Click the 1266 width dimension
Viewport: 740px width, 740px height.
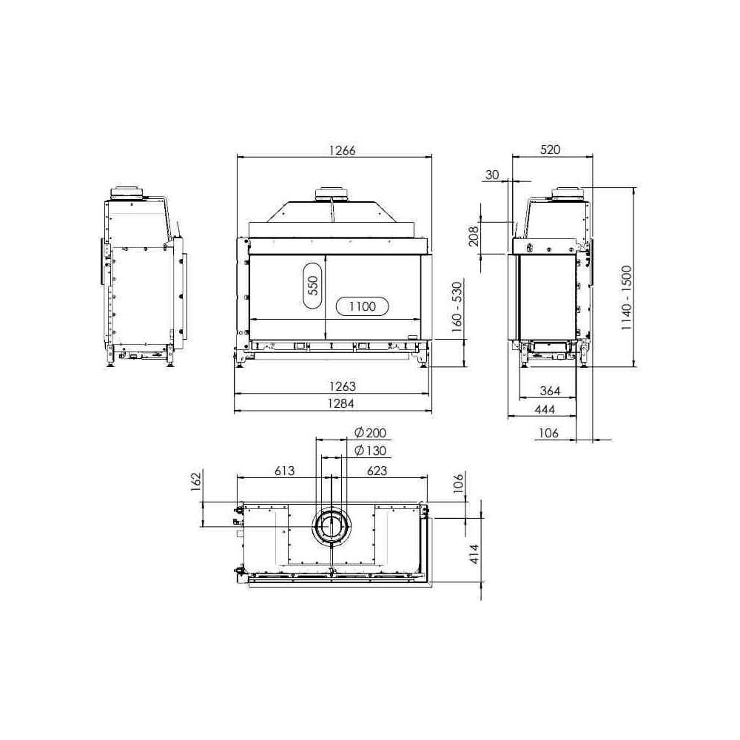click(x=342, y=150)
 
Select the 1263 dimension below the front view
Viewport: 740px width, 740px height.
click(x=342, y=386)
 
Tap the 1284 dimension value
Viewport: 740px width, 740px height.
click(x=341, y=403)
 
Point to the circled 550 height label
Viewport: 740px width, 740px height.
click(x=313, y=285)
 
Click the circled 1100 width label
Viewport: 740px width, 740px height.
click(x=362, y=307)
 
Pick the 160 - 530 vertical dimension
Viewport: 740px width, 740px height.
click(x=457, y=307)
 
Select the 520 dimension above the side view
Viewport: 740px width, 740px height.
click(x=551, y=149)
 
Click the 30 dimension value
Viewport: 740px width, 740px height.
click(x=492, y=175)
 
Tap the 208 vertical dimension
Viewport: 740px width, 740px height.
click(x=474, y=235)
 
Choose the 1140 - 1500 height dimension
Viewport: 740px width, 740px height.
click(x=626, y=297)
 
